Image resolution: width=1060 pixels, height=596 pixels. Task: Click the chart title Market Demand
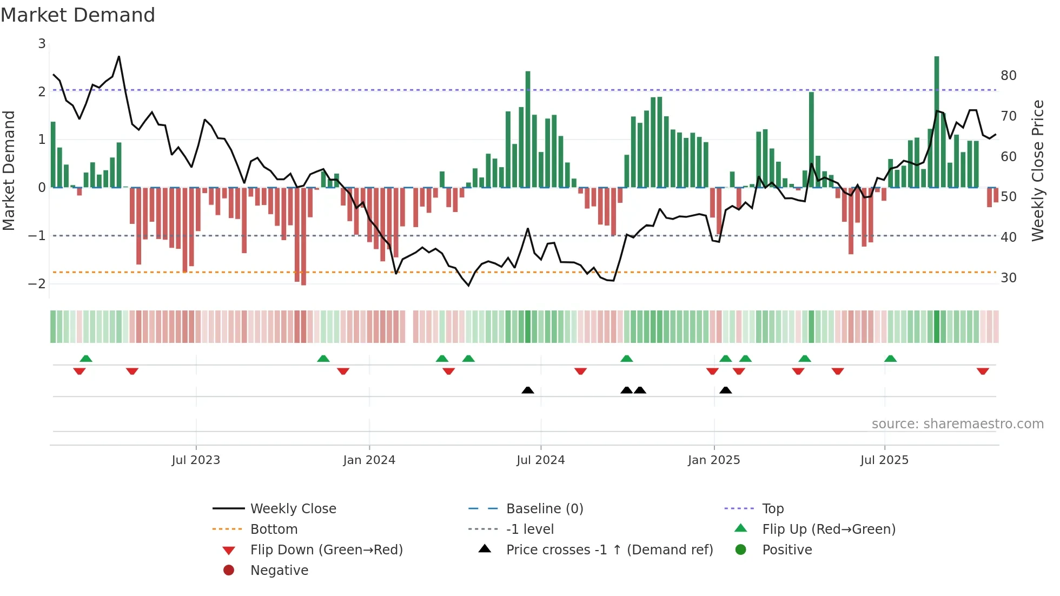pyautogui.click(x=78, y=15)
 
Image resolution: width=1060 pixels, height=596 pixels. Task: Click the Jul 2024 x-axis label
pyautogui.click(x=540, y=460)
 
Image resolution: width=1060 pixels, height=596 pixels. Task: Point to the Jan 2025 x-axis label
pyautogui.click(x=713, y=460)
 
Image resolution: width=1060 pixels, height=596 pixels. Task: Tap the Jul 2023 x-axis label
pyautogui.click(x=196, y=460)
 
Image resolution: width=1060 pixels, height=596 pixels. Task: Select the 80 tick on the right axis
pyautogui.click(x=1008, y=76)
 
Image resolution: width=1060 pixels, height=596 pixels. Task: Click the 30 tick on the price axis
pyautogui.click(x=1008, y=278)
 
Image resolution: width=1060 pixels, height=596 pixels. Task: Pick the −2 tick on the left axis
pyautogui.click(x=37, y=284)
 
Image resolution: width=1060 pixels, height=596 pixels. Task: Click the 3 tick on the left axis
pyautogui.click(x=42, y=44)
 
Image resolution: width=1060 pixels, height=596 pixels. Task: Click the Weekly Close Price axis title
pyautogui.click(x=1037, y=170)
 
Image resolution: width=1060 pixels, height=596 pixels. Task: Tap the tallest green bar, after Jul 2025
pyautogui.click(x=936, y=122)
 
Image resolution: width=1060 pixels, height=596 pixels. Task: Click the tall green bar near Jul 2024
pyautogui.click(x=527, y=130)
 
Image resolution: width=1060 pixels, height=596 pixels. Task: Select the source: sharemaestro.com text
pyautogui.click(x=957, y=424)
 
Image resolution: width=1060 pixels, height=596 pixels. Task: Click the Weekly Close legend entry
pyautogui.click(x=293, y=509)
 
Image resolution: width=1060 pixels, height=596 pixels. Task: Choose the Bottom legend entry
pyautogui.click(x=274, y=529)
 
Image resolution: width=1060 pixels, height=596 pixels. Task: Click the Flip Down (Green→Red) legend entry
pyautogui.click(x=326, y=550)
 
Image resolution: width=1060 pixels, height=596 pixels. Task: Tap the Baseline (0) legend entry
pyautogui.click(x=544, y=509)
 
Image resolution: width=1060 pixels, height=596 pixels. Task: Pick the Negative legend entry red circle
pyautogui.click(x=229, y=571)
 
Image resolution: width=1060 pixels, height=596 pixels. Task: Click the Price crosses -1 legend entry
pyautogui.click(x=609, y=550)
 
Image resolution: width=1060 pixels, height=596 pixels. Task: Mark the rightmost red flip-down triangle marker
pyautogui.click(x=983, y=371)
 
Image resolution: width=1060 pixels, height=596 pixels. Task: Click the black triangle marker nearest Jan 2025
pyautogui.click(x=725, y=390)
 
